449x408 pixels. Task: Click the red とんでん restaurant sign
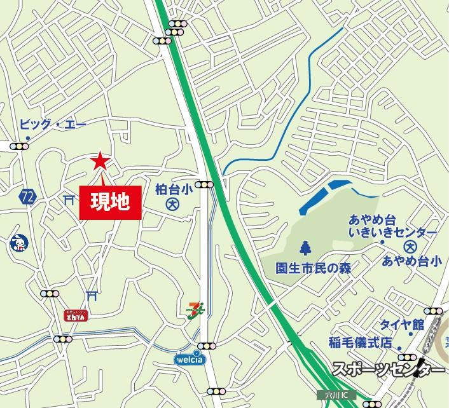tap(76, 316)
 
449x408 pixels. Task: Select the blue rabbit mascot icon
tap(18, 243)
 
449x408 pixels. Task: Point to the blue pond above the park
tap(324, 196)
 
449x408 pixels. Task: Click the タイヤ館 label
tap(402, 324)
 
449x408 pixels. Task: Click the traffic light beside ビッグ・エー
tap(20, 146)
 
